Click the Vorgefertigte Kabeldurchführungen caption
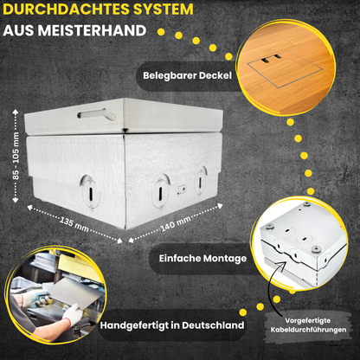(x=311, y=325)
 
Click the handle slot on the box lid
(x=95, y=112)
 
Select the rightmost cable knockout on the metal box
(x=202, y=179)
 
